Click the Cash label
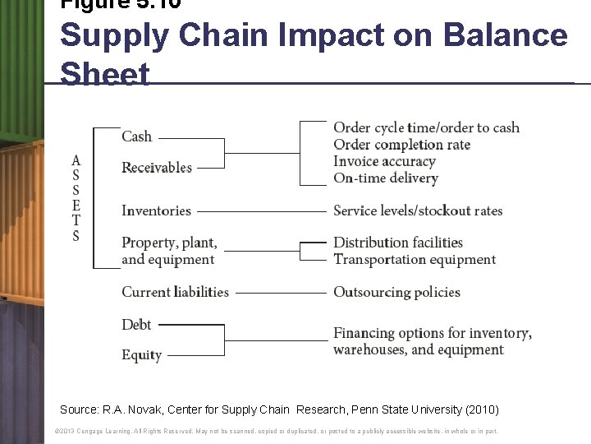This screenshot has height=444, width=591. coord(137,136)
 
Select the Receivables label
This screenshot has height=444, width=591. coord(157,168)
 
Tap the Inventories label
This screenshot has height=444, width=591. coord(156,211)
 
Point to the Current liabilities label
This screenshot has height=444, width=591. coord(175,292)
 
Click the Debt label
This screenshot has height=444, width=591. coord(136,325)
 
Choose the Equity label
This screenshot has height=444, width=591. coord(141,355)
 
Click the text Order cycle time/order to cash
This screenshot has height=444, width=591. coord(426,127)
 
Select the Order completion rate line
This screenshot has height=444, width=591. coord(401,145)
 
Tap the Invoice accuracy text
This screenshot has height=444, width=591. coord(384,162)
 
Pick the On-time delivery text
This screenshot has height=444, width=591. coord(385,178)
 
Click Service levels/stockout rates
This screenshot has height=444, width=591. coord(417,211)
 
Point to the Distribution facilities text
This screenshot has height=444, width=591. coord(398,243)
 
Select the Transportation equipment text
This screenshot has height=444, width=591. coord(415,260)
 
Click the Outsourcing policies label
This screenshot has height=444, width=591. coord(396,292)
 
